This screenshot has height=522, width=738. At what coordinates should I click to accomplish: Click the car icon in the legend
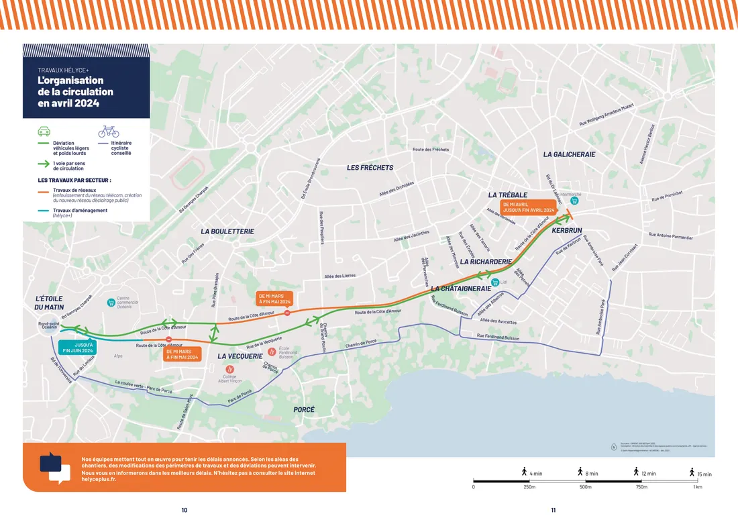click(44, 132)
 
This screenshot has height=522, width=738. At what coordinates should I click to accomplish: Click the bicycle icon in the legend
click(109, 132)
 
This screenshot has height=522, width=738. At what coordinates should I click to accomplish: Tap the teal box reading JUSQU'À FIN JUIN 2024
click(78, 347)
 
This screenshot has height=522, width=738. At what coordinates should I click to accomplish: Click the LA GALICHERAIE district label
click(569, 154)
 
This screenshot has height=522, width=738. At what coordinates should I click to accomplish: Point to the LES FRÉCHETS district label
click(370, 167)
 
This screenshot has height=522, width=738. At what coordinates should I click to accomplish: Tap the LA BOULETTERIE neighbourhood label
click(227, 231)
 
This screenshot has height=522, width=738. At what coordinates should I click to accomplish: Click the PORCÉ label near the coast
click(304, 409)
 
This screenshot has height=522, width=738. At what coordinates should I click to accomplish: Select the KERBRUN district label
click(566, 231)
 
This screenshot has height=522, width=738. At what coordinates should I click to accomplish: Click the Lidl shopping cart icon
click(495, 282)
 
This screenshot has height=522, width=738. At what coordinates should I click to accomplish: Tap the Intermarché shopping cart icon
click(565, 201)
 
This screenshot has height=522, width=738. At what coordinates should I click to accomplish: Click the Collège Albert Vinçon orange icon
click(230, 370)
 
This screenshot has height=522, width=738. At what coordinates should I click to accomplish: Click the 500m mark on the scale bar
click(586, 486)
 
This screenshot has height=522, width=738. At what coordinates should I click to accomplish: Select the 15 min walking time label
click(704, 474)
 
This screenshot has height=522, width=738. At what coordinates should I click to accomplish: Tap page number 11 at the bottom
click(553, 511)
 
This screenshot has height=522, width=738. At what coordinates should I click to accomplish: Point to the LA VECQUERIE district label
click(240, 356)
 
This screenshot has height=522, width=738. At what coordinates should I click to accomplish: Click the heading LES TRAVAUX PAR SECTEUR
click(74, 180)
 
